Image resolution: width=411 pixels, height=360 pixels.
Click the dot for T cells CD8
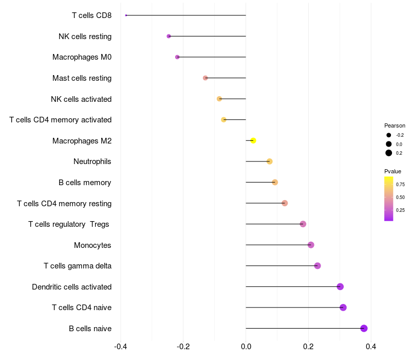[126, 15]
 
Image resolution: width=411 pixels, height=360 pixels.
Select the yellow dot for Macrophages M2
[253, 140]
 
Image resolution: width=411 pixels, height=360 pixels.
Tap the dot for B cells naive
[364, 328]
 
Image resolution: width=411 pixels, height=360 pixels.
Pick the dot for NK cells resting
[169, 36]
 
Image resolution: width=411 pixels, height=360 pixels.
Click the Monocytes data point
[311, 245]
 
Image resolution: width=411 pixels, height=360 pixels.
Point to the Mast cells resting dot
[205, 78]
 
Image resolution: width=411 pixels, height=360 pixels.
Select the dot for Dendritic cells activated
[340, 286]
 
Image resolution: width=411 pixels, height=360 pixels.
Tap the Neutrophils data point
[269, 161]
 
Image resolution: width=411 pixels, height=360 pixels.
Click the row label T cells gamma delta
[78, 266]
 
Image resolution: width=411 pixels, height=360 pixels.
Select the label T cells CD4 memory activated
[61, 120]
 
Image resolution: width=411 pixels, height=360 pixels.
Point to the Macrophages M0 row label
[82, 57]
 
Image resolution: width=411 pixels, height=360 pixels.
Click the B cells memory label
[85, 183]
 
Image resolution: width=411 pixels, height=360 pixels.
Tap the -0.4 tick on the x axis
[121, 347]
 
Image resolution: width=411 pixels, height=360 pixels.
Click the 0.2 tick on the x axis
[309, 347]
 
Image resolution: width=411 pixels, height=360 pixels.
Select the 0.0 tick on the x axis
[246, 347]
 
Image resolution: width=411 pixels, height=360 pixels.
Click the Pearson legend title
[395, 125]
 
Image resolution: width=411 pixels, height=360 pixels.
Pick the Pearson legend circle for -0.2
[389, 135]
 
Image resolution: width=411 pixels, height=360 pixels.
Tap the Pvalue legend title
[393, 171]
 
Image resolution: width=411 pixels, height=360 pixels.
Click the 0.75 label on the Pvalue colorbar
[400, 185]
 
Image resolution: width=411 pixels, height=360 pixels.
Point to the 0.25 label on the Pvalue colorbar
[400, 210]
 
